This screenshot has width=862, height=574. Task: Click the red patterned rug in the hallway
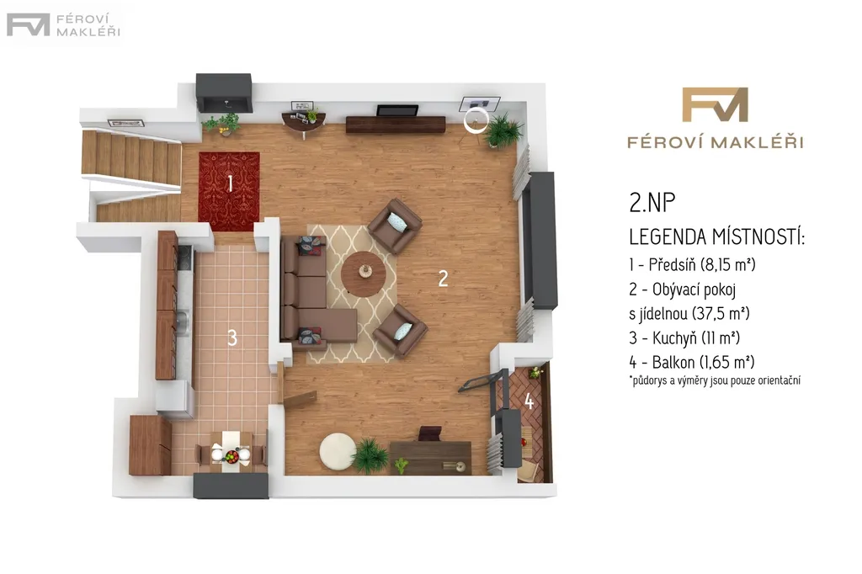click(229, 191)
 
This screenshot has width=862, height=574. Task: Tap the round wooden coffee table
click(364, 274)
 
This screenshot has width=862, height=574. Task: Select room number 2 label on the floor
click(443, 279)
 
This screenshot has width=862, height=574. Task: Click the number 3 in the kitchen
click(232, 337)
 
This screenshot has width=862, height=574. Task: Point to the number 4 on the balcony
click(529, 401)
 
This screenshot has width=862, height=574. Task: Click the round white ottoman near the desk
click(338, 452)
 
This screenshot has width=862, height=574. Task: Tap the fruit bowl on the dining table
click(232, 456)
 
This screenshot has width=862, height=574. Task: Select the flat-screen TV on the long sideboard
click(397, 110)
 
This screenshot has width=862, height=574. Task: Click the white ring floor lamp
click(475, 120)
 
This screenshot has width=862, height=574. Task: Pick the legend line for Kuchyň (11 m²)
click(684, 337)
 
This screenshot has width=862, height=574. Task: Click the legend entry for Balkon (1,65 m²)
click(692, 362)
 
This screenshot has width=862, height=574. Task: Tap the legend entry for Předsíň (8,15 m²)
click(692, 264)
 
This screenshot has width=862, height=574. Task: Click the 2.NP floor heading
click(652, 203)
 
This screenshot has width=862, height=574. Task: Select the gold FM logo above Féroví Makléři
click(715, 104)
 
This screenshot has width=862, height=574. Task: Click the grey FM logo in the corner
click(28, 24)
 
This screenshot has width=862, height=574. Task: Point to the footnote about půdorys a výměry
click(715, 380)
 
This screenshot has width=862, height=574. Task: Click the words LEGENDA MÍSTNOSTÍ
click(717, 237)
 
